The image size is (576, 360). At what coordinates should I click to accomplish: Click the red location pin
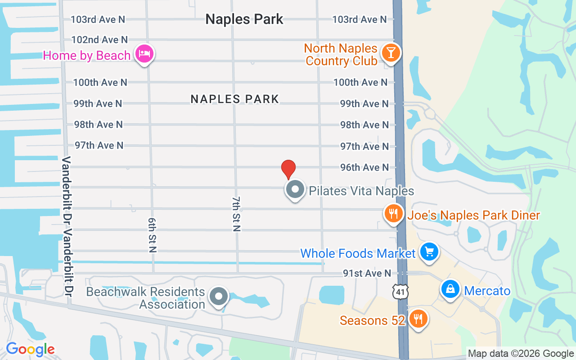pyautogui.click(x=288, y=169)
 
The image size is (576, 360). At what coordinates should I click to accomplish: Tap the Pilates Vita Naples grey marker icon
pyautogui.click(x=295, y=189)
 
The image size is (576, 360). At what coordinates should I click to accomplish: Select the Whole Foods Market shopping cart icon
pyautogui.click(x=429, y=251)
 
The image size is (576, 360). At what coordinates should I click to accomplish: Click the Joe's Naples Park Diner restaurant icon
pyautogui.click(x=394, y=213)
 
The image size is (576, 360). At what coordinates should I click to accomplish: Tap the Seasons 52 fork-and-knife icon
pyautogui.click(x=418, y=319)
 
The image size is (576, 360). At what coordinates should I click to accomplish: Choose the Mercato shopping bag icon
pyautogui.click(x=450, y=289)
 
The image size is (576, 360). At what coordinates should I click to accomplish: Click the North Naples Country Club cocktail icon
pyautogui.click(x=391, y=53)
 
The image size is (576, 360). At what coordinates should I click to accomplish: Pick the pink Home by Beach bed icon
pyautogui.click(x=144, y=54)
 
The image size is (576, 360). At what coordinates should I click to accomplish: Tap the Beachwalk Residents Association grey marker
pyautogui.click(x=219, y=297)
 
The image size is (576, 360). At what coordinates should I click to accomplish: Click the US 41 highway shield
pyautogui.click(x=400, y=292)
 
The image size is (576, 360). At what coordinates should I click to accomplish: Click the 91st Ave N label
pyautogui.click(x=367, y=273)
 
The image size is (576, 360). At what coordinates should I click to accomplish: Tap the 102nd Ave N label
pyautogui.click(x=99, y=40)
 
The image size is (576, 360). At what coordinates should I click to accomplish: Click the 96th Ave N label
pyautogui.click(x=364, y=167)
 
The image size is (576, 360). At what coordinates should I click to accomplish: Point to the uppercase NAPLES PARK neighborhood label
pyautogui.click(x=235, y=99)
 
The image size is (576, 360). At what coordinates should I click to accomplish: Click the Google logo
pyautogui.click(x=30, y=349)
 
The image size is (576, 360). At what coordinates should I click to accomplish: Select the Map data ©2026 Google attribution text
pyautogui.click(x=521, y=354)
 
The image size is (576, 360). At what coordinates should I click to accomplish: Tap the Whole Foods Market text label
pyautogui.click(x=358, y=253)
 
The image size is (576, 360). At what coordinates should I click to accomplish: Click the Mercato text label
pyautogui.click(x=487, y=291)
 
